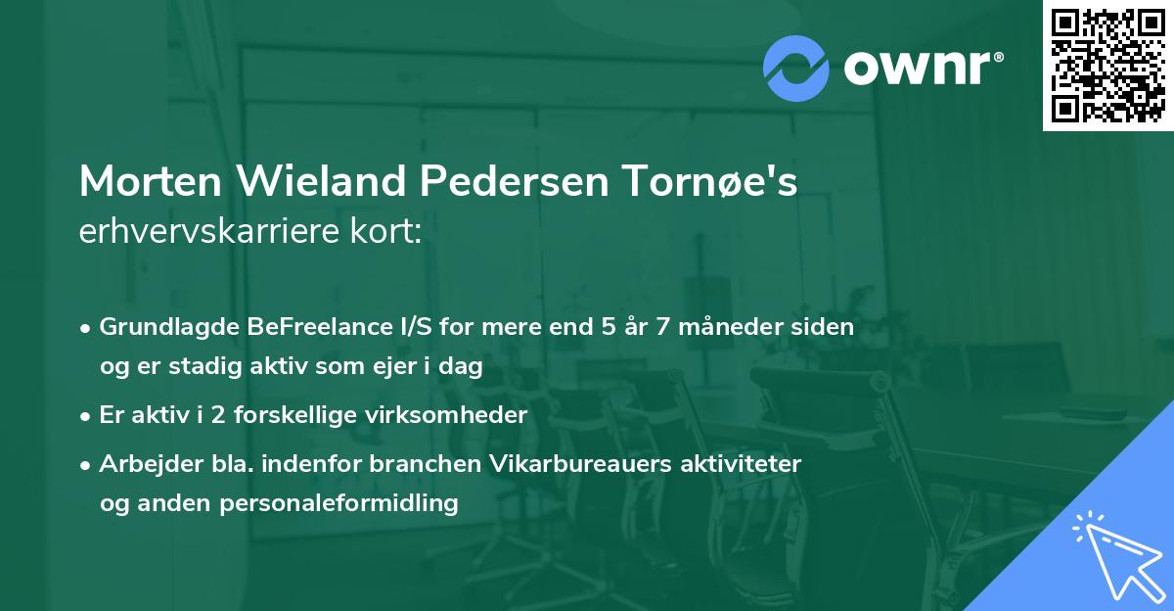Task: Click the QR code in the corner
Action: tap(1107, 65)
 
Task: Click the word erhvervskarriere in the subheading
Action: tap(204, 233)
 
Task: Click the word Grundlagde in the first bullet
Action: tap(161, 327)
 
